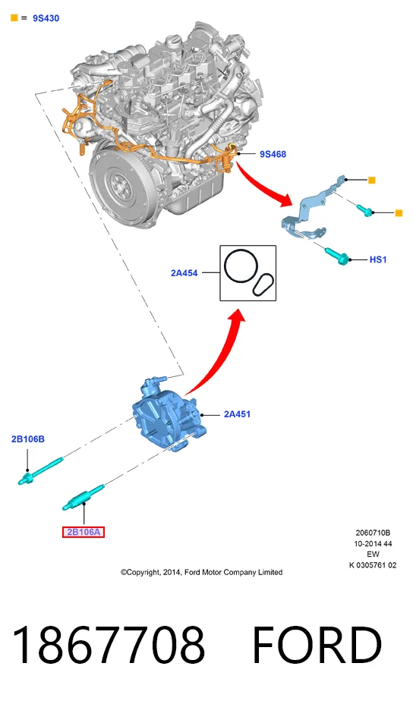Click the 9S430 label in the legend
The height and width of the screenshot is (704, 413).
click(46, 18)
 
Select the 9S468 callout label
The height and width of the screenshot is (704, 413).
click(273, 154)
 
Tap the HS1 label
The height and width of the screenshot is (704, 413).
click(378, 259)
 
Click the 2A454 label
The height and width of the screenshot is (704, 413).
click(184, 273)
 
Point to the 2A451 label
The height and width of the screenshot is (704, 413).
click(238, 414)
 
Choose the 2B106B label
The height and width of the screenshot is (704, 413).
click(28, 439)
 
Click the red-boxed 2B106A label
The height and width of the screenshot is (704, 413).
click(84, 532)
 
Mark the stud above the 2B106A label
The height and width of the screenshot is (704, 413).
click(84, 498)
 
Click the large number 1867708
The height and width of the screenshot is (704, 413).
click(109, 645)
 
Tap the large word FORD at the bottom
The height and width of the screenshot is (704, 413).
click(317, 645)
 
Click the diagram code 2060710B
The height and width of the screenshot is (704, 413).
click(373, 533)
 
